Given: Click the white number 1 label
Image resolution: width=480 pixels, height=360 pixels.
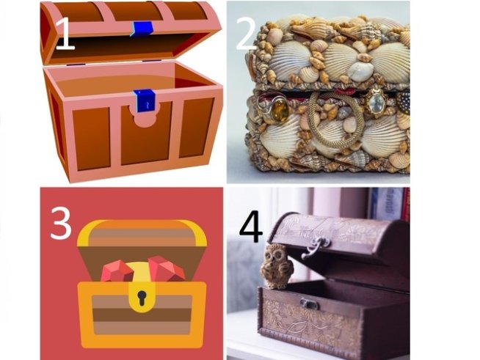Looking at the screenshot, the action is coord(65,34).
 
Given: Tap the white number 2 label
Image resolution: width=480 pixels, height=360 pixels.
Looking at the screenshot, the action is coord(247,34).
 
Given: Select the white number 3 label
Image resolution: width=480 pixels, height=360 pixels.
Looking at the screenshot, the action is coord(61,224).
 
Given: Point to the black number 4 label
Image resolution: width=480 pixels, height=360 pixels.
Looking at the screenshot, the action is coord(251,227).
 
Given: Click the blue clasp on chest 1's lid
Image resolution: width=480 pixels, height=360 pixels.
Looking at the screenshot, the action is coord(142,29).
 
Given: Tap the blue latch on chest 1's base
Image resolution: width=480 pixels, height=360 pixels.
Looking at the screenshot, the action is coord(144,100).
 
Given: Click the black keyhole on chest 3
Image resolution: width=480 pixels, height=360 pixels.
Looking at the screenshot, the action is coord(142,298).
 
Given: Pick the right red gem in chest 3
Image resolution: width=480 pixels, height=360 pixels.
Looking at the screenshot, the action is coord(166,268).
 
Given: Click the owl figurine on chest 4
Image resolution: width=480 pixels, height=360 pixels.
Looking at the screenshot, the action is coord(276,266).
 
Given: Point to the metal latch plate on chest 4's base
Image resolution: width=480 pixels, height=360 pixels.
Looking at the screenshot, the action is coord(310,304).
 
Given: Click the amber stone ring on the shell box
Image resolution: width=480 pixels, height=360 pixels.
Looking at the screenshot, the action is coord(274,109).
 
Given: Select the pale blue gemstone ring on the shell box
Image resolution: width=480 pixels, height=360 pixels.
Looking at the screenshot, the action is coord(376,101).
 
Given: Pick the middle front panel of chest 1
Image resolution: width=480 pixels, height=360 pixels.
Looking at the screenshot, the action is coord(146,135).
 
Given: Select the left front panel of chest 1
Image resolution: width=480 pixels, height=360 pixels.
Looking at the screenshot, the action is coord(91,139).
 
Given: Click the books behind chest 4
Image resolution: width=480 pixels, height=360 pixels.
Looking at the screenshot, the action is coord(390,203).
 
